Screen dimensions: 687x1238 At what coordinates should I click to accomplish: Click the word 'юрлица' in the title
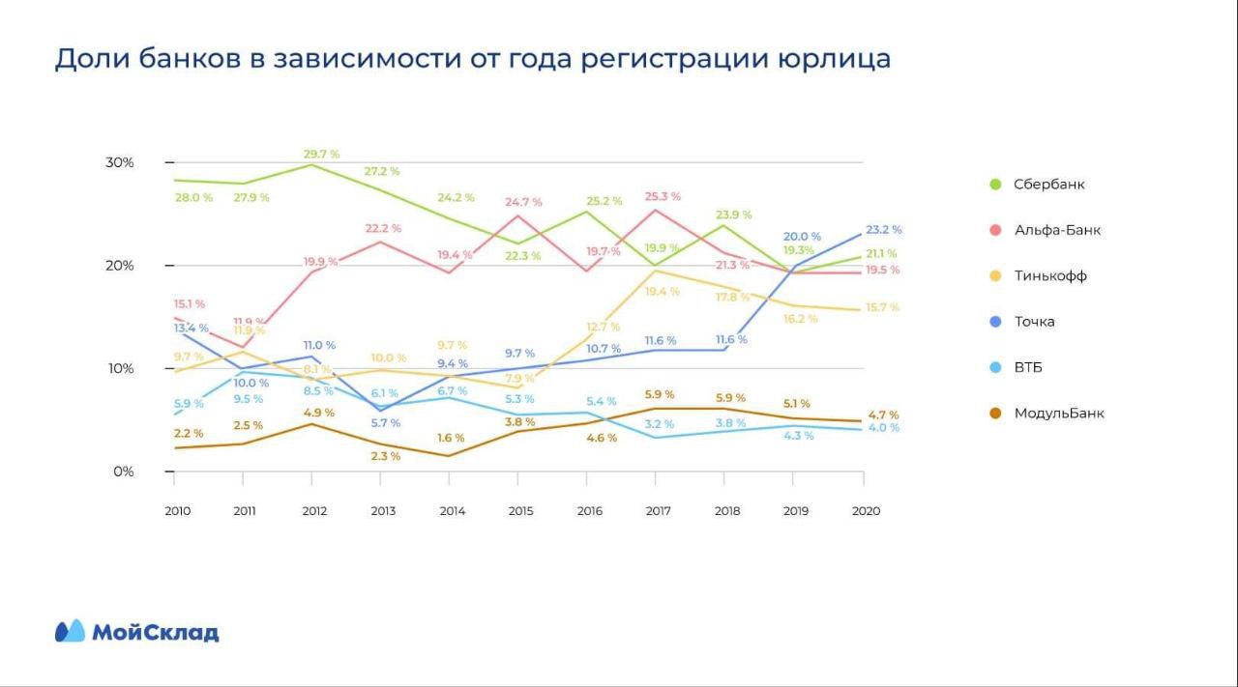coord(833,59)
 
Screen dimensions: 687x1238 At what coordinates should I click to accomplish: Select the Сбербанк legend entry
coord(1043,185)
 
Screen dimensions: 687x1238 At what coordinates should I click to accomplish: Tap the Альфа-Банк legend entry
coord(1057,230)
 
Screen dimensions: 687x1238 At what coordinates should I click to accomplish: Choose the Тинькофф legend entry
coord(1049,276)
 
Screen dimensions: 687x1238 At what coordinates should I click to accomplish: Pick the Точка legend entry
coord(1034,322)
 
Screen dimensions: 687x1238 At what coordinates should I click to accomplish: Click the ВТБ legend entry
coord(1028,368)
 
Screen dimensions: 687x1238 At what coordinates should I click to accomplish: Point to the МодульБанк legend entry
coord(1058,414)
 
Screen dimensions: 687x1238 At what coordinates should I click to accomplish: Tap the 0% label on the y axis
coord(123,472)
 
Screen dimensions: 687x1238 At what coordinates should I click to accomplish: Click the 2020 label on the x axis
coord(865,511)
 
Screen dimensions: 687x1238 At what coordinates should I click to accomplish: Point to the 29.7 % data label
coord(321,154)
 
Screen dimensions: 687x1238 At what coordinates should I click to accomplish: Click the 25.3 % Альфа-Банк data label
coord(662,196)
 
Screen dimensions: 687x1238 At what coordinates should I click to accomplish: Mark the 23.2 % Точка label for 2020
coord(883,230)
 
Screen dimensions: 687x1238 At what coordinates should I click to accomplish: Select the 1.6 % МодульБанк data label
coord(450,438)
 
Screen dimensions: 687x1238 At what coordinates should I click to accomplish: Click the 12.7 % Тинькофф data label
coord(602,327)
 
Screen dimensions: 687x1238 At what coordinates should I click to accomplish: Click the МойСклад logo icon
coord(71,631)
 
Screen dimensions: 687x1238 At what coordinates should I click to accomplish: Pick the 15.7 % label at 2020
coord(881,307)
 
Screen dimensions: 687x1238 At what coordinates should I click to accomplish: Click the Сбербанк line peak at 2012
coord(310,164)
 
